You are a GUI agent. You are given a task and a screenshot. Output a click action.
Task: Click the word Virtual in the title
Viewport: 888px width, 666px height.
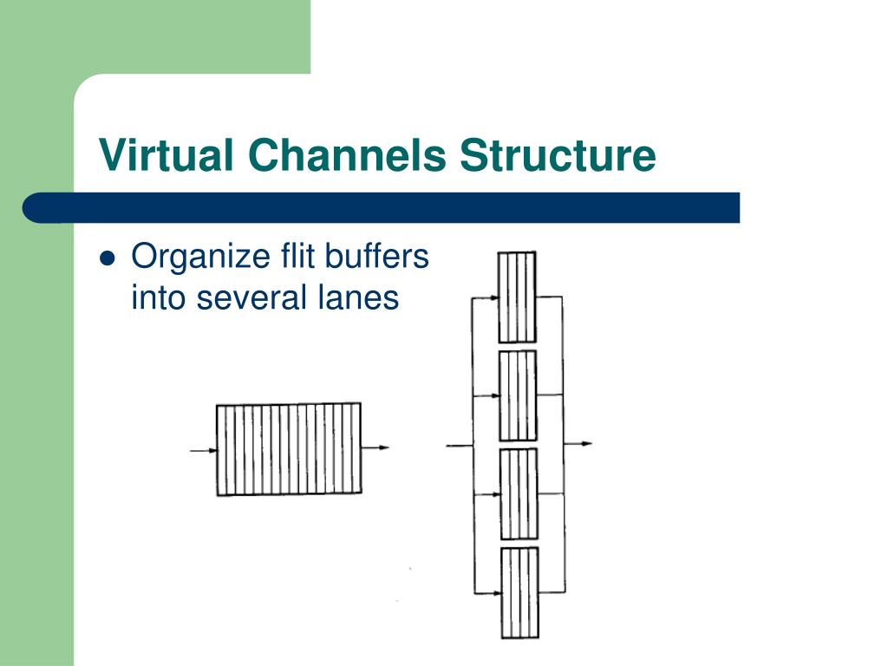coord(166,156)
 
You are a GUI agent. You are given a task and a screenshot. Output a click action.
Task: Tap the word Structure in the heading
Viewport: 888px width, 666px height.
coord(558,156)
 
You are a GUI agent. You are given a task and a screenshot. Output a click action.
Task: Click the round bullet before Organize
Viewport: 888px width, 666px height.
coord(108,258)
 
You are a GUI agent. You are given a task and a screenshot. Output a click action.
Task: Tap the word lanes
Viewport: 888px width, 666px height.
coord(356,297)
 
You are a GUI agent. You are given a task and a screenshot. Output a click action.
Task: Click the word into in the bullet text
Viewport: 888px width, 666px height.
coord(157,297)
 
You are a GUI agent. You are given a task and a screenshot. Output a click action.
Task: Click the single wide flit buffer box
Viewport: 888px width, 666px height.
coord(288,449)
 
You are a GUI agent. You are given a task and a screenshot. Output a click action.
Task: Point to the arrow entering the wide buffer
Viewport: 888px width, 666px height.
coord(203,450)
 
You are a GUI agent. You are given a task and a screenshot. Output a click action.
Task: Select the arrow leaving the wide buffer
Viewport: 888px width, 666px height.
coord(375,448)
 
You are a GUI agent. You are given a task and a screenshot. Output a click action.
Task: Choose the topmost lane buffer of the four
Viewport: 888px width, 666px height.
coord(517,297)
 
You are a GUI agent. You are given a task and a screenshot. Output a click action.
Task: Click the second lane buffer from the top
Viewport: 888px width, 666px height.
coord(518,395)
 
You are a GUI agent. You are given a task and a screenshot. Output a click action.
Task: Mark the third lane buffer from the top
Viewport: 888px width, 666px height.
coord(519,493)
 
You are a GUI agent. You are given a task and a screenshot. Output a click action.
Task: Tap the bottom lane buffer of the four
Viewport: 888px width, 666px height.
coord(519,592)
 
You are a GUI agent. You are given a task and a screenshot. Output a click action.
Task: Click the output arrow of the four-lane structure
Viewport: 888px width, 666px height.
coord(578,444)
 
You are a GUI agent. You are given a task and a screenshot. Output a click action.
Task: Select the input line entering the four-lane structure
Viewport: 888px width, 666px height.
coord(459,446)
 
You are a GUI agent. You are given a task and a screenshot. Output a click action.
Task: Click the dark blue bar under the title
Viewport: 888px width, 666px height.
coord(382,208)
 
